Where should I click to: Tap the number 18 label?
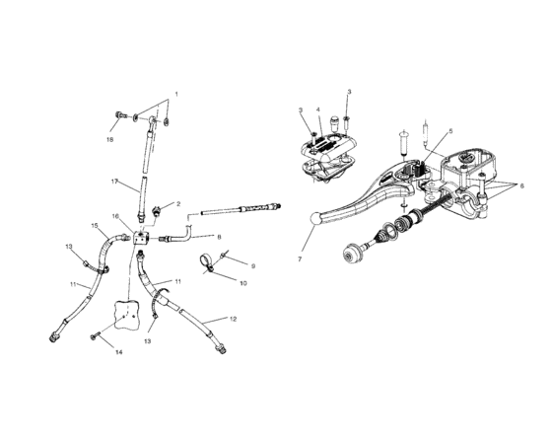(x=110, y=140)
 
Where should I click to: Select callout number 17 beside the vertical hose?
(x=114, y=182)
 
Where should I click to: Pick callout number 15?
(x=96, y=226)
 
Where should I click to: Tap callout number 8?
(x=219, y=237)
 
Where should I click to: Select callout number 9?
(x=252, y=266)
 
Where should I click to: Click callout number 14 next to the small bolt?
(x=118, y=351)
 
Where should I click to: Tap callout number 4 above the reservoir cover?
(x=319, y=110)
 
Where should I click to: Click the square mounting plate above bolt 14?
(x=125, y=315)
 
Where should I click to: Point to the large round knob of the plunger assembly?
(x=349, y=256)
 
